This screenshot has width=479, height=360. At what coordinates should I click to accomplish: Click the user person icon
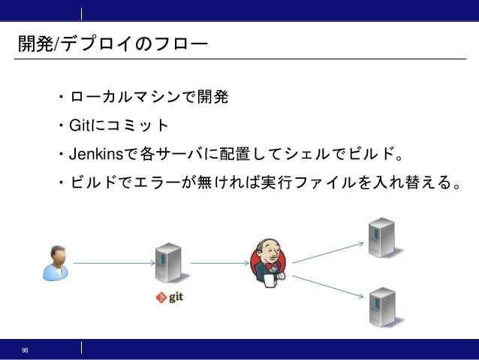pyautogui.click(x=56, y=262)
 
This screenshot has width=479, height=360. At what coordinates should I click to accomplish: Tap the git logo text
pyautogui.click(x=169, y=297)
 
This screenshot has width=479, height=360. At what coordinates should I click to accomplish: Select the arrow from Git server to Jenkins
pyautogui.click(x=220, y=263)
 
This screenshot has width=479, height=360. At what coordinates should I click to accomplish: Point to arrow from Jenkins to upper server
pyautogui.click(x=327, y=253)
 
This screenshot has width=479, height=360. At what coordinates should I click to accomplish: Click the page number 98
pyautogui.click(x=26, y=350)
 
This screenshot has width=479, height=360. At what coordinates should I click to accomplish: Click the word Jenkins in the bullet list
pyautogui.click(x=95, y=155)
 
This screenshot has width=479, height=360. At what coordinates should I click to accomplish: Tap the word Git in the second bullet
pyautogui.click(x=79, y=126)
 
